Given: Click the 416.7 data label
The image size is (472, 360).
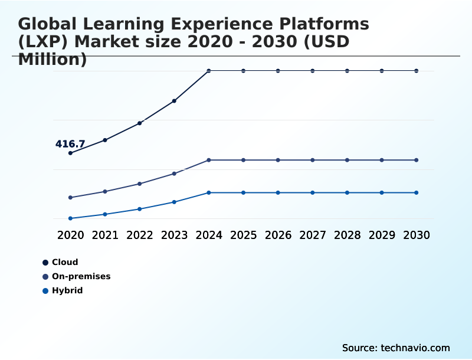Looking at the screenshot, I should (x=70, y=144).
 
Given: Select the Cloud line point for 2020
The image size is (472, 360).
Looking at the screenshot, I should (x=70, y=153).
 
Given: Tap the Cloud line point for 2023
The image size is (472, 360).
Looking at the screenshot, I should (x=174, y=101).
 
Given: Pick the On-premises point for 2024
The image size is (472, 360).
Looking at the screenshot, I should (x=209, y=160).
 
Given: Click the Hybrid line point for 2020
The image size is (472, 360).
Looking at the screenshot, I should (x=70, y=218).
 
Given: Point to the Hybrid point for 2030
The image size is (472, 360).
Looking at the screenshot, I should (x=417, y=192).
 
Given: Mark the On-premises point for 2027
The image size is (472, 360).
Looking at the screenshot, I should (x=313, y=160).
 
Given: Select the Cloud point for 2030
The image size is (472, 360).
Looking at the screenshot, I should (x=417, y=71).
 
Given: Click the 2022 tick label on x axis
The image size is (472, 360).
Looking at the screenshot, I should (x=140, y=235).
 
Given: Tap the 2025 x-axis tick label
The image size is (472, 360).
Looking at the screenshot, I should (x=244, y=235).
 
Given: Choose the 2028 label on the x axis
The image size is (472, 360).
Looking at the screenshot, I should (x=348, y=235).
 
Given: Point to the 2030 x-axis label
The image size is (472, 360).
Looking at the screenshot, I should (x=417, y=235).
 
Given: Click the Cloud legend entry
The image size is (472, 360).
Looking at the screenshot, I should (x=64, y=262).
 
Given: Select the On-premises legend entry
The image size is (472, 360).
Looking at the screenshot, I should (x=81, y=276).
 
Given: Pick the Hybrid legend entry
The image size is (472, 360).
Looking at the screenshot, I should (x=67, y=290).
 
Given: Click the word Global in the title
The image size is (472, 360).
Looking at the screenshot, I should (x=50, y=25).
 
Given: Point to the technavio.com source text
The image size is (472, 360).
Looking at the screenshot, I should (x=415, y=348).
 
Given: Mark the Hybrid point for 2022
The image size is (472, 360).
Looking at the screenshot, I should (x=140, y=209).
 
